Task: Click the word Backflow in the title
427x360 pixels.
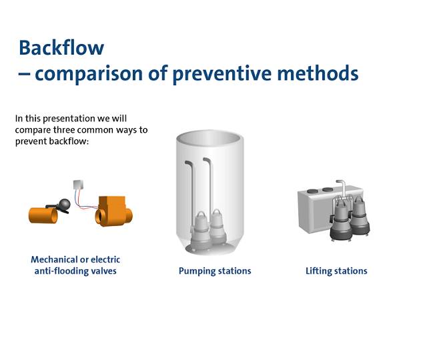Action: click(61, 48)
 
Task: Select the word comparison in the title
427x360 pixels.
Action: click(83, 73)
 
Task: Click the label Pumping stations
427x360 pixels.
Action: click(215, 271)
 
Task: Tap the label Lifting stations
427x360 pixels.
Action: click(336, 271)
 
